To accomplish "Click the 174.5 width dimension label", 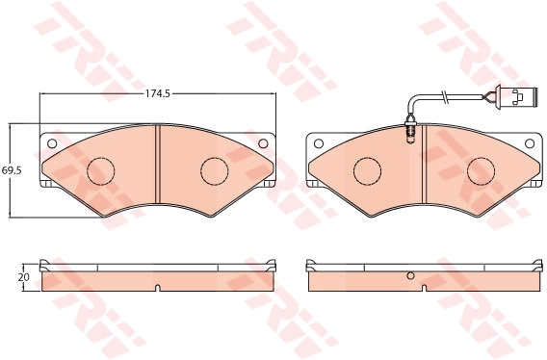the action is tap(158, 93).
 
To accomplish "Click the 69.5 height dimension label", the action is tap(12, 170).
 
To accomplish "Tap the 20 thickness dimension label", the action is tap(25, 277).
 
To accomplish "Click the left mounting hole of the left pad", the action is tap(52, 143).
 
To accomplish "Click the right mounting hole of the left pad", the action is tap(263, 143).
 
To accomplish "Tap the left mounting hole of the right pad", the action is tap(319, 143).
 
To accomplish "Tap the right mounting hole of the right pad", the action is tap(530, 143).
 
